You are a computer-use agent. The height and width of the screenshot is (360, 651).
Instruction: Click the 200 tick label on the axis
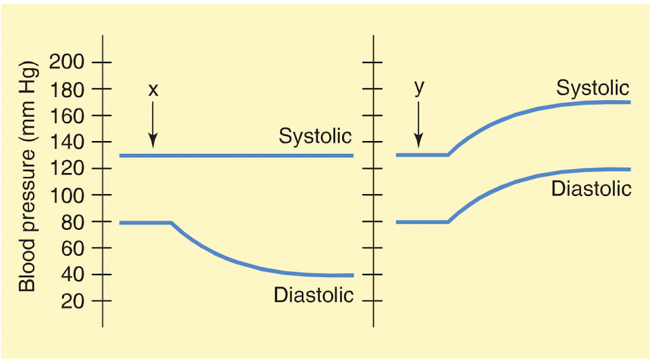[67, 63]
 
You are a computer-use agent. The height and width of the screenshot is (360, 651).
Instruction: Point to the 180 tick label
[67, 89]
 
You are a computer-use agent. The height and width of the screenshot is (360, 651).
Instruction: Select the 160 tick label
[67, 116]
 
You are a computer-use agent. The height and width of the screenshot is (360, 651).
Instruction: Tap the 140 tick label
[67, 142]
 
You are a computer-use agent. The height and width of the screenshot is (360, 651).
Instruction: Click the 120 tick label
[67, 169]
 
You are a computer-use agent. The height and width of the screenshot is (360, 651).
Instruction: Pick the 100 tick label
[67, 195]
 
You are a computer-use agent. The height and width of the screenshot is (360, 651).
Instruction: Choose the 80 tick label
[73, 221]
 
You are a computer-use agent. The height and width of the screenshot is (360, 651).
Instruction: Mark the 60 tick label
[73, 248]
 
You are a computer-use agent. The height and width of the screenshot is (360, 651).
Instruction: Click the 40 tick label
[73, 274]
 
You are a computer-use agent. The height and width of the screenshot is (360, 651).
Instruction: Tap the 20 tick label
[73, 301]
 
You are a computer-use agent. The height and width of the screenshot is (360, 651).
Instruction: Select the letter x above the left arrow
[153, 91]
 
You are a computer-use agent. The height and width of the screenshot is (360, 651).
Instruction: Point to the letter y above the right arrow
[419, 88]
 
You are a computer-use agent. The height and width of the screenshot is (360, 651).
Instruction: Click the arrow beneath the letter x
[153, 124]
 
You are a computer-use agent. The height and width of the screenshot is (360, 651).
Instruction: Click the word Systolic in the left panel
[315, 136]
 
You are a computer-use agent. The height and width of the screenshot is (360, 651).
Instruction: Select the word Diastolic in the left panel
[313, 295]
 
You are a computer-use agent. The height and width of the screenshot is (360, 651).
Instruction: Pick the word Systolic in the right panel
[592, 88]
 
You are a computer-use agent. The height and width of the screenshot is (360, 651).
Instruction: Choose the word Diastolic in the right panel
[591, 189]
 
